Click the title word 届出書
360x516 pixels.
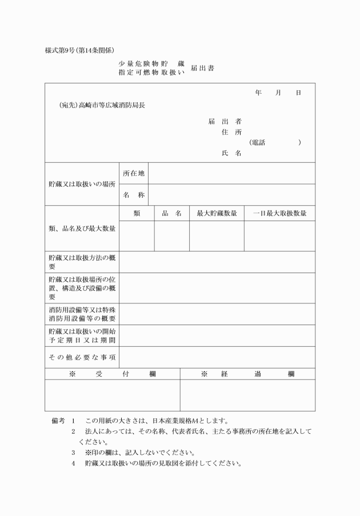pyautogui.click(x=203, y=68)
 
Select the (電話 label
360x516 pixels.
pyautogui.click(x=257, y=143)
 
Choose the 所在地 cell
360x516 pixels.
pyautogui.click(x=134, y=173)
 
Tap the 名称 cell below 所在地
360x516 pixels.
pyautogui.click(x=134, y=195)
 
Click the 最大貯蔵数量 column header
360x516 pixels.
pyautogui.click(x=217, y=213)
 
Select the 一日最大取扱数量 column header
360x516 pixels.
pyautogui.click(x=279, y=213)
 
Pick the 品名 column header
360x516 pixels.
pyautogui.click(x=171, y=213)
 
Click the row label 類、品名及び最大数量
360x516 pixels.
pyautogui.click(x=82, y=229)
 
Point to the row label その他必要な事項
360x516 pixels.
pyautogui.click(x=82, y=357)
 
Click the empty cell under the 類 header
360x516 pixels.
pyautogui.click(x=137, y=235)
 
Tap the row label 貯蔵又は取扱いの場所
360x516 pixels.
pyautogui.click(x=82, y=184)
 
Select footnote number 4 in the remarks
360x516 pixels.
pyautogui.click(x=74, y=463)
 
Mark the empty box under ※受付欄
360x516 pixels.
pyautogui.click(x=113, y=395)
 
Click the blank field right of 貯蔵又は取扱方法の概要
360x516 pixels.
pyautogui.click(x=217, y=262)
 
